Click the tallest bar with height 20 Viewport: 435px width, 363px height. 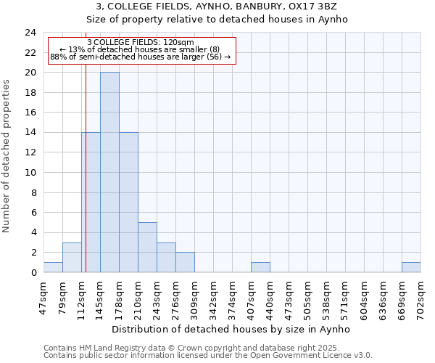[109, 172]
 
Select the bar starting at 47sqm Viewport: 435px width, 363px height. [53, 267]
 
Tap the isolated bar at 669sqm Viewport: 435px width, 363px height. [411, 267]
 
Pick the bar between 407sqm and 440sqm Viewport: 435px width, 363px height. [260, 267]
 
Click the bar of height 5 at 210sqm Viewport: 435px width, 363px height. [147, 248]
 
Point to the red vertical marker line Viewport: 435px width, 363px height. [86, 167]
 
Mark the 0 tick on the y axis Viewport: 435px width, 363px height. [33, 273]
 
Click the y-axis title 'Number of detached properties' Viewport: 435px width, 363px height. [7, 156]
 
